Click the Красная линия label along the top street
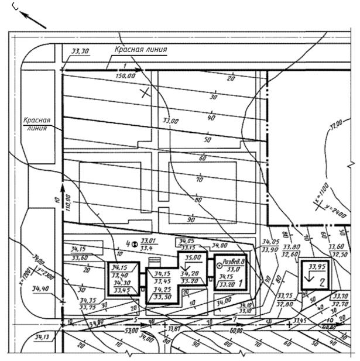point(140,50)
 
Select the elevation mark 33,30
point(80,52)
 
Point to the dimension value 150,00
point(126,75)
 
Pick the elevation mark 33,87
point(174,329)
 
